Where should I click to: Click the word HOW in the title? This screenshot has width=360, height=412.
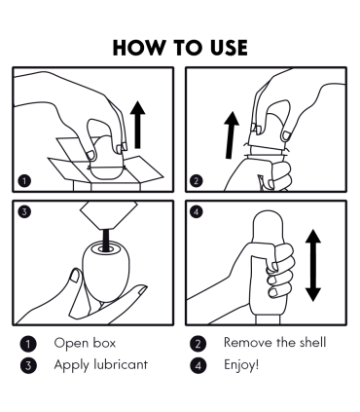138,48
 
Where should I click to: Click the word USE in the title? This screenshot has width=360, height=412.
229,48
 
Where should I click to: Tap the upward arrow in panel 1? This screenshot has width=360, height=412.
138,125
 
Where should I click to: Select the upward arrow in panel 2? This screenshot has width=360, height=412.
231,135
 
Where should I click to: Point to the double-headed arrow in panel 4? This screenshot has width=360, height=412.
313,265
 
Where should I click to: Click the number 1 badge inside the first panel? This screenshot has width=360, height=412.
25,181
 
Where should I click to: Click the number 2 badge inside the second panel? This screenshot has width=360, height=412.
196,181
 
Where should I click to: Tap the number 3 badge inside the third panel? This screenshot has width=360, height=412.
25,212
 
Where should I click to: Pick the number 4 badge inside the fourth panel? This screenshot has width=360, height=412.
196,212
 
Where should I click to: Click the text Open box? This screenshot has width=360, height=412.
85,343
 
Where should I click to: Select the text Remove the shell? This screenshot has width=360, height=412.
274,343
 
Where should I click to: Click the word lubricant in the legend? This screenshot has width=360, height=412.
121,364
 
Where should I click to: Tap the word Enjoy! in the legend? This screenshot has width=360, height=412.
241,365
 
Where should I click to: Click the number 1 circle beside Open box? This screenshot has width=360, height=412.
28,344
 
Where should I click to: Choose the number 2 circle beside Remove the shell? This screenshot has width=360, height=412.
198,344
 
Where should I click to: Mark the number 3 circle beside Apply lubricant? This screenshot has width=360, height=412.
28,365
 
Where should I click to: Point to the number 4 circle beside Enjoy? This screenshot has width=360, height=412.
198,365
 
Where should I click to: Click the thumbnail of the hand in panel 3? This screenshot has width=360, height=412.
75,276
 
